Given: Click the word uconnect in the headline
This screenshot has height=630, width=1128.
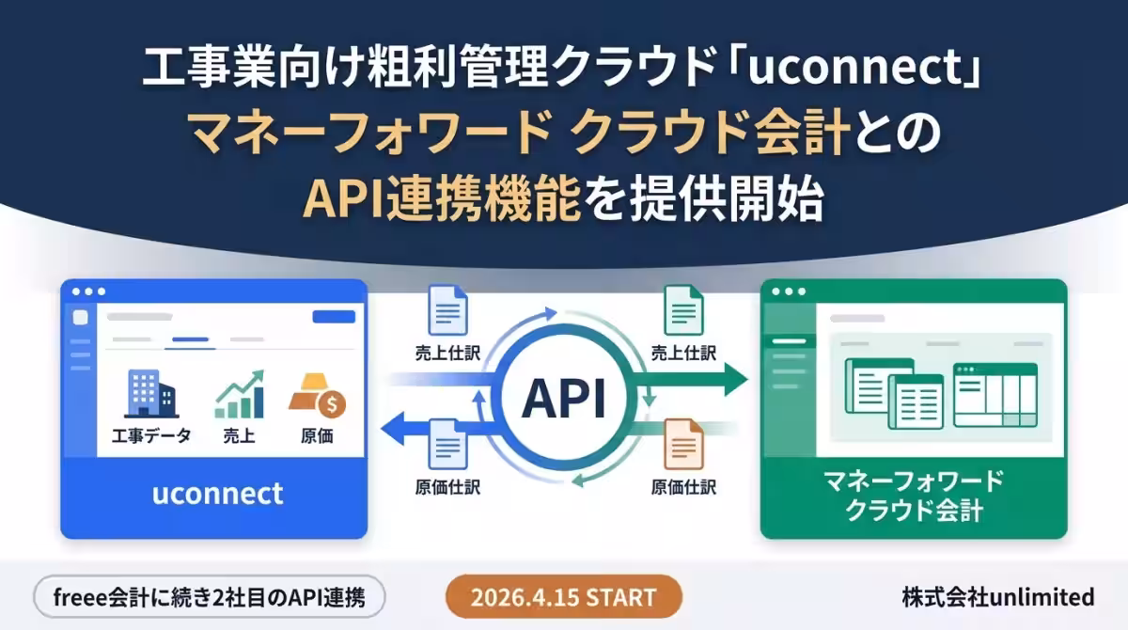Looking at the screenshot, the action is pos(855,68).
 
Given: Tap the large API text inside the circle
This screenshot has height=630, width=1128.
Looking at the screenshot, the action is pos(564,399).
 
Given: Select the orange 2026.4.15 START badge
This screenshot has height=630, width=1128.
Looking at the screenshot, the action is pos(563,597).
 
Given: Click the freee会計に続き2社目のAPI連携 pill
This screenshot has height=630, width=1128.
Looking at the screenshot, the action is pos(210,597).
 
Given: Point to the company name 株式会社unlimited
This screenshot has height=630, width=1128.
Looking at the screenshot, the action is pos(998,597).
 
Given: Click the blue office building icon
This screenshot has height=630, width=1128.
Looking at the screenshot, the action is pos(151,394).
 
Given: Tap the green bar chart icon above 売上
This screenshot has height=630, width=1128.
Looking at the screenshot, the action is pos(240,394).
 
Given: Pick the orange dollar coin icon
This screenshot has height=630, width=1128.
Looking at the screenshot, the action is pos(332,404).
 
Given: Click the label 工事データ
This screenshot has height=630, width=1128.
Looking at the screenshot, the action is pos(151,435).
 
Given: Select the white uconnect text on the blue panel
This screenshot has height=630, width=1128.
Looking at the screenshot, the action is pos(217,493).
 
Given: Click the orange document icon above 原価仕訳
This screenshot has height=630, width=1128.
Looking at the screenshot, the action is pos(683,444).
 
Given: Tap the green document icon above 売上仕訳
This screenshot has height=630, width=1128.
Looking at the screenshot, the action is pos(683,310).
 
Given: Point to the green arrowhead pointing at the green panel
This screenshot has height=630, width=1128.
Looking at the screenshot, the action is pos(736,379).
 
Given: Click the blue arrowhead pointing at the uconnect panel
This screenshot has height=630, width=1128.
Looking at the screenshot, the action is pos(393,429).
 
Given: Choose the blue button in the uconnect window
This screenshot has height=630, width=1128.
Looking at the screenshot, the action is pos(334,316).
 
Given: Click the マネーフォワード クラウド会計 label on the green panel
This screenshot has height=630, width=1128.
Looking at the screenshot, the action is pos(914,496).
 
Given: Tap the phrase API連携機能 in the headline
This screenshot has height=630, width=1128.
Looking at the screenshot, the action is pos(442,199).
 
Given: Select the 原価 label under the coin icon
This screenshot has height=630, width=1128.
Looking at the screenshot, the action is pos(317,435).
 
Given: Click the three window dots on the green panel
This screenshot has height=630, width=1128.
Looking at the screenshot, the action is pos(789,291).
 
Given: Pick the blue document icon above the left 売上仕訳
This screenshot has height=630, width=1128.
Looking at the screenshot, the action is pos(447,310).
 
